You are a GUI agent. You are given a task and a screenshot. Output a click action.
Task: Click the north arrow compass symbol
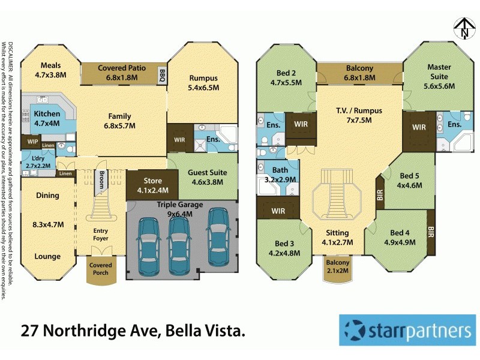463,27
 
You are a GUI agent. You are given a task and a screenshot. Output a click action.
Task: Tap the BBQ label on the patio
161,75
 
